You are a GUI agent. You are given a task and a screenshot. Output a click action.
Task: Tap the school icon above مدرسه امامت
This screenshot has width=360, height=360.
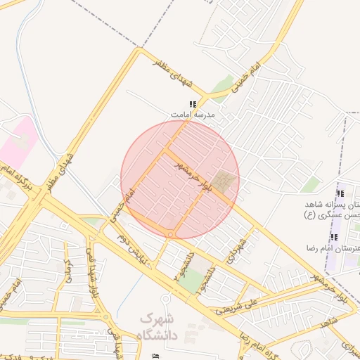(192, 104)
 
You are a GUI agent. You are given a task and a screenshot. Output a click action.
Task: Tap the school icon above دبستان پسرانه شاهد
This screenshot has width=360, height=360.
(340, 193)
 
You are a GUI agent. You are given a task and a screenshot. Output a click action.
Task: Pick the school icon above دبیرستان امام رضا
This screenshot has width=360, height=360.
(335, 238)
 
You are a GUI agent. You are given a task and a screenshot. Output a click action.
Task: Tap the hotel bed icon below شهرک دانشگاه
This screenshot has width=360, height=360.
(155, 356)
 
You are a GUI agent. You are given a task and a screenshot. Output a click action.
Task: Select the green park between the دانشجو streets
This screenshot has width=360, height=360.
(191, 281)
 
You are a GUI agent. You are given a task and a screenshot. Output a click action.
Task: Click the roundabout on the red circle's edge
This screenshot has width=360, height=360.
(170, 234)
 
